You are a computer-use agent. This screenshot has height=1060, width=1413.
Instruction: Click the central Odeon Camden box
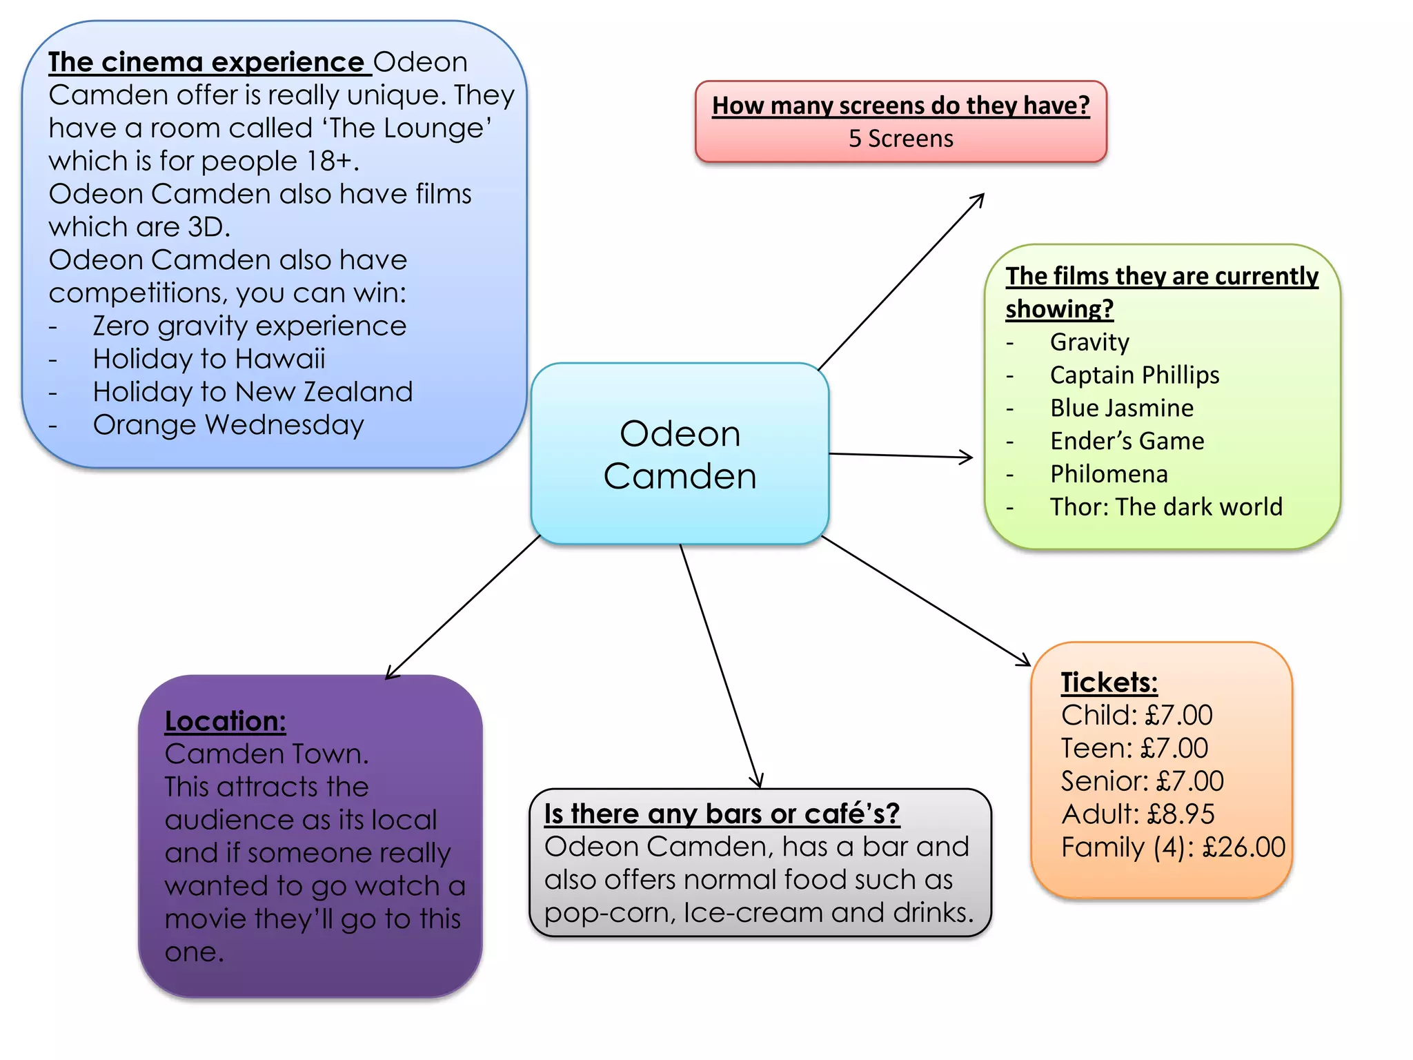click(x=680, y=454)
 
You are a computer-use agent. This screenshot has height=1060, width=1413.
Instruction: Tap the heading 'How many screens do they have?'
click(x=900, y=106)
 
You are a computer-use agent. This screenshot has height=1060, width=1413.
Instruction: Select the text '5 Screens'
click(x=900, y=139)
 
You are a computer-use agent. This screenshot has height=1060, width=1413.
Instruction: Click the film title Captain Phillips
click(x=1134, y=375)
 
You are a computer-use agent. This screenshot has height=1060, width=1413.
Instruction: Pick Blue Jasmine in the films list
click(x=1121, y=409)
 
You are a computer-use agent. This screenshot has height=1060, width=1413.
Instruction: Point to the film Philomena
click(x=1109, y=475)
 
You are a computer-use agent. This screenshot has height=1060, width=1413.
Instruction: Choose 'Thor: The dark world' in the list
click(x=1166, y=507)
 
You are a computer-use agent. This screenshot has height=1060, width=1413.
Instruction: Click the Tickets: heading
click(x=1109, y=683)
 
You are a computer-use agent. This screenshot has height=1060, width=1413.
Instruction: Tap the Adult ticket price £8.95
click(x=1180, y=814)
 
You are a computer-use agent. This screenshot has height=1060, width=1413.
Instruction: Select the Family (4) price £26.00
click(x=1243, y=847)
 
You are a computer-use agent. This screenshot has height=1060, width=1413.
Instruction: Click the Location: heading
click(x=225, y=721)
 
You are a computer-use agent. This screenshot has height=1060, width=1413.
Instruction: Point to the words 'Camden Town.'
click(x=266, y=754)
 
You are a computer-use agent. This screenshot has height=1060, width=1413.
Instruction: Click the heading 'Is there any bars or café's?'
click(x=722, y=814)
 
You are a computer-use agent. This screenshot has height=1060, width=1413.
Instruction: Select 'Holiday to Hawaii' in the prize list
click(x=209, y=359)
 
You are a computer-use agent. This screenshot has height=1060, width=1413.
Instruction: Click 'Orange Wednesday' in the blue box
click(x=228, y=425)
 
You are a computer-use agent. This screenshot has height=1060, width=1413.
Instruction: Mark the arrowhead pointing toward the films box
click(x=968, y=457)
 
